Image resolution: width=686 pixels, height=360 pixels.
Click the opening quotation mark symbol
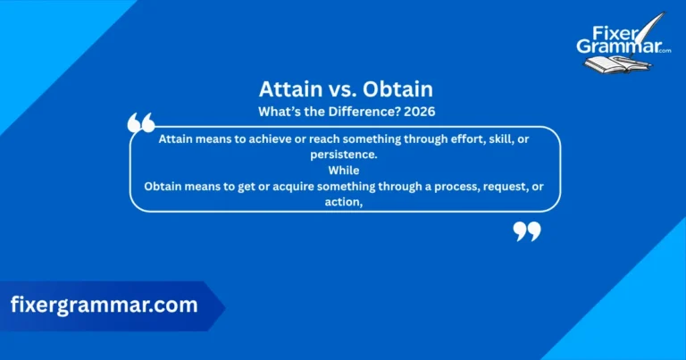pyautogui.click(x=141, y=123)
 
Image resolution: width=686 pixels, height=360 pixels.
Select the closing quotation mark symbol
pyautogui.click(x=527, y=231)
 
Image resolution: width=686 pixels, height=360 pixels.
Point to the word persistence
pyautogui.click(x=345, y=155)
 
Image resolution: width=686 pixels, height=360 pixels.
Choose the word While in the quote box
pyautogui.click(x=344, y=170)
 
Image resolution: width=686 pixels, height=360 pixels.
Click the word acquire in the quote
pyautogui.click(x=313, y=186)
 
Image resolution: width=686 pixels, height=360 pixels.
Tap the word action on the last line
pyautogui.click(x=343, y=201)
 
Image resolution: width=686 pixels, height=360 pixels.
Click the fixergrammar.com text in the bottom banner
pyautogui.click(x=105, y=305)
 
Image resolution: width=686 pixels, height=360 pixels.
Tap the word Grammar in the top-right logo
pyautogui.click(x=616, y=46)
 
